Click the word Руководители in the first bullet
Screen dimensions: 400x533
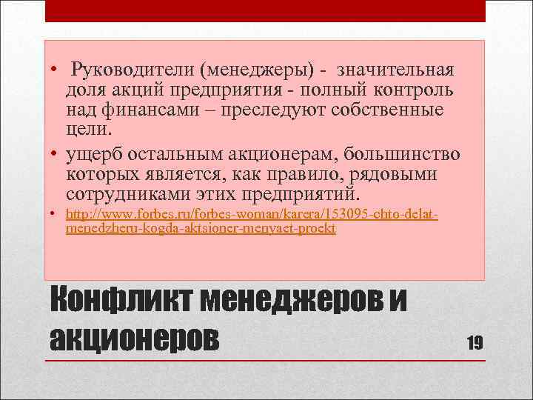(130, 70)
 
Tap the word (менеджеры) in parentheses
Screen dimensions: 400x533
(255, 70)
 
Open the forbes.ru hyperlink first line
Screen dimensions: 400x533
(252, 215)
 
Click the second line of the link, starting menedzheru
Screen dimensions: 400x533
(201, 229)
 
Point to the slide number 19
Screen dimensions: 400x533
(475, 341)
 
